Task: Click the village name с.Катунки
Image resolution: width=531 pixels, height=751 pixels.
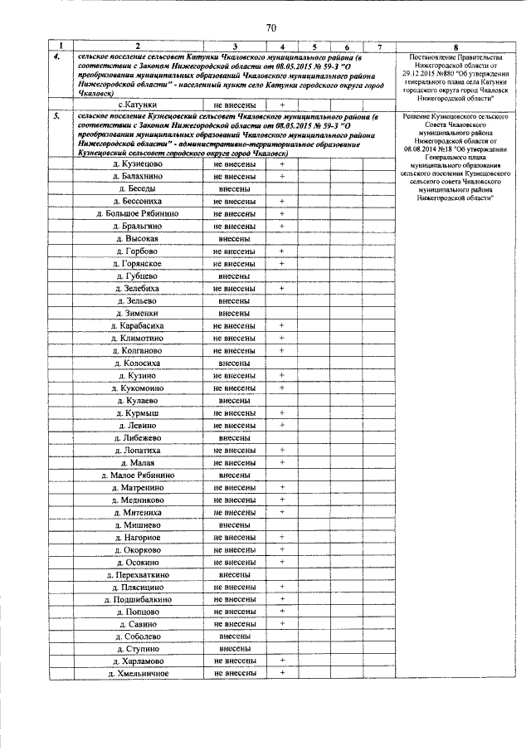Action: pos(139,105)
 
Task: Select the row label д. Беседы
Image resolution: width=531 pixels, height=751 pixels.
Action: pos(139,188)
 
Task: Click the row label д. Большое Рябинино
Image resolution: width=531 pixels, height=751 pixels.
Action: pos(139,213)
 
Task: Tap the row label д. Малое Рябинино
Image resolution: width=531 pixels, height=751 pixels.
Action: pos(139,475)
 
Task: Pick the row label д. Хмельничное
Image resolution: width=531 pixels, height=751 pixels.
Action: pos(139,673)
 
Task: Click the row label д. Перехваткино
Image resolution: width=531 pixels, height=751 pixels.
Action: pos(139,573)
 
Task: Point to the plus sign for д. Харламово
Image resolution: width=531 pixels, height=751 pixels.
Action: pos(282,661)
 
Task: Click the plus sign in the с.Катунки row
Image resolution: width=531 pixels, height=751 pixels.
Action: pos(282,105)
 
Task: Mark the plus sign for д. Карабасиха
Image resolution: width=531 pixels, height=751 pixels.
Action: pos(282,325)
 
